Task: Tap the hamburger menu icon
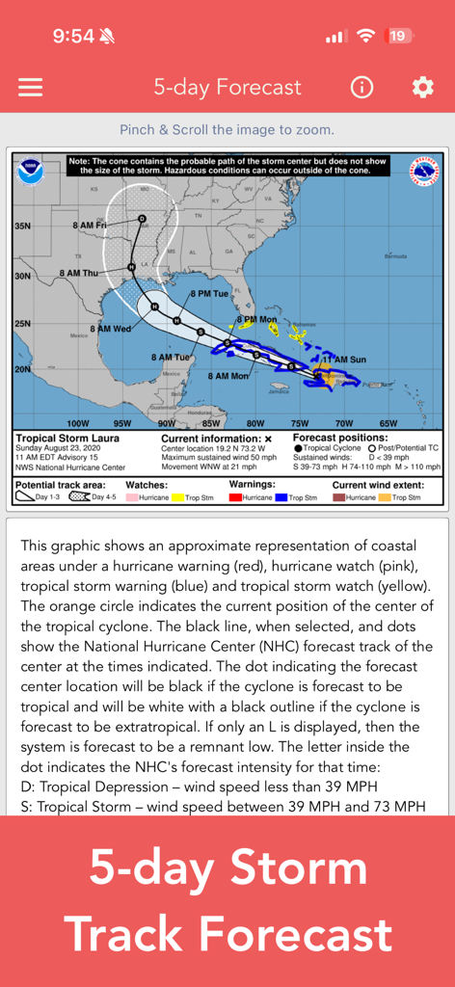pos(31,87)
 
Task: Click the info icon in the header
pos(361,87)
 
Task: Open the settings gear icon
pos(422,87)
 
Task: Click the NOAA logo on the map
pos(30,172)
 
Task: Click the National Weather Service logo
pos(424,172)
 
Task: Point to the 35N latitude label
pos(23,227)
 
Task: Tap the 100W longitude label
pos(77,423)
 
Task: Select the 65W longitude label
pos(388,423)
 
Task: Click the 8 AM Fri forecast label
pos(89,225)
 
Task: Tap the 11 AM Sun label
pos(345,360)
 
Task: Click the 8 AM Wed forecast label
pos(111,329)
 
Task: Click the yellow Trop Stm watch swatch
pos(177,497)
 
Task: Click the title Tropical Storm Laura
pos(61,439)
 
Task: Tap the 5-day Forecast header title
pos(227,87)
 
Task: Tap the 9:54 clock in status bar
pos(73,37)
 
